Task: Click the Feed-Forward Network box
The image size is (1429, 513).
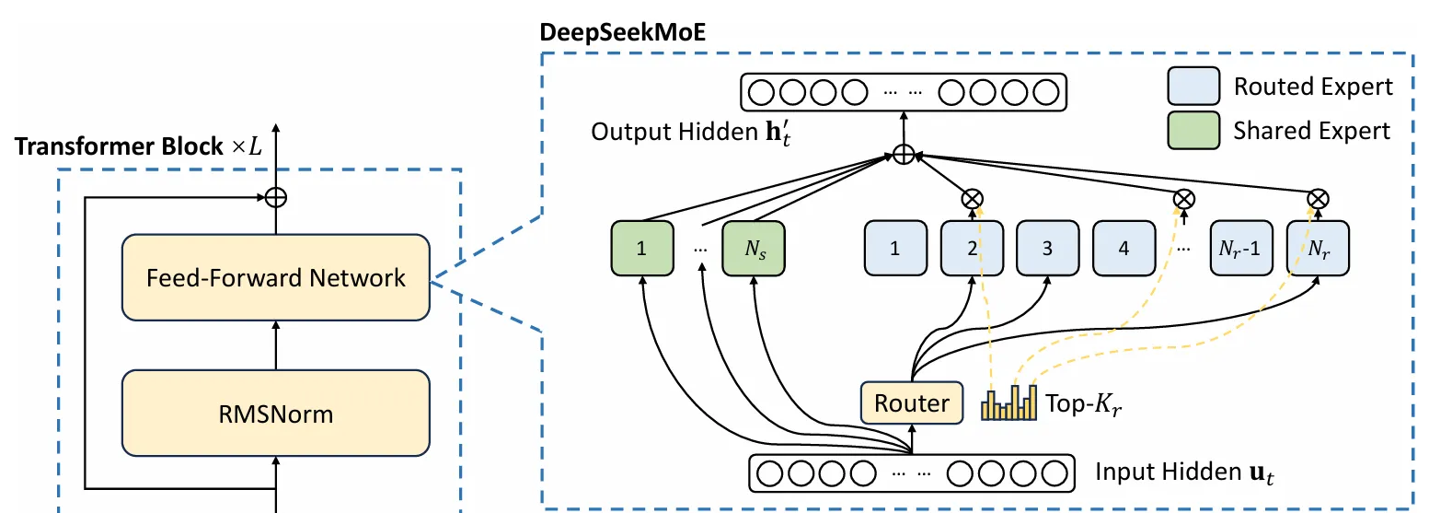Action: [x=276, y=277]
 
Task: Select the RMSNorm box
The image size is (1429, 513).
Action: [x=276, y=414]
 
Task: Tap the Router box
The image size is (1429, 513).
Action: [x=912, y=403]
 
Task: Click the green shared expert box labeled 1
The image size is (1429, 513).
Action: [x=641, y=248]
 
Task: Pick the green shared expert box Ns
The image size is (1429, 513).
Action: [x=754, y=248]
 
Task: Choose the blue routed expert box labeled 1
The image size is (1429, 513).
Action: [x=895, y=248]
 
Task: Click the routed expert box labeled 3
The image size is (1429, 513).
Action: [x=1047, y=248]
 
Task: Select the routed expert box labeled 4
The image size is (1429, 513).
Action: [x=1124, y=248]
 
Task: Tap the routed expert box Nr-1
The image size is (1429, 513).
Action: [x=1241, y=248]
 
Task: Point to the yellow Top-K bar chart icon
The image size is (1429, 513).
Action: [x=1008, y=402]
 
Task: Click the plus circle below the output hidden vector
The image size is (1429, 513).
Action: [x=904, y=155]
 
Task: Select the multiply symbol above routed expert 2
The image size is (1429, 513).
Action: [x=973, y=199]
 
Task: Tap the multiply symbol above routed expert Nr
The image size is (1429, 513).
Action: [x=1318, y=199]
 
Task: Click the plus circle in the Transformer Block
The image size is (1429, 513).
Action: [x=276, y=197]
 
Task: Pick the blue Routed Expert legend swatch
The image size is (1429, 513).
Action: [x=1193, y=87]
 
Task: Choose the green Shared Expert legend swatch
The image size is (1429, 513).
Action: [x=1193, y=131]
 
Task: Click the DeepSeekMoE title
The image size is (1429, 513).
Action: [x=623, y=32]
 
